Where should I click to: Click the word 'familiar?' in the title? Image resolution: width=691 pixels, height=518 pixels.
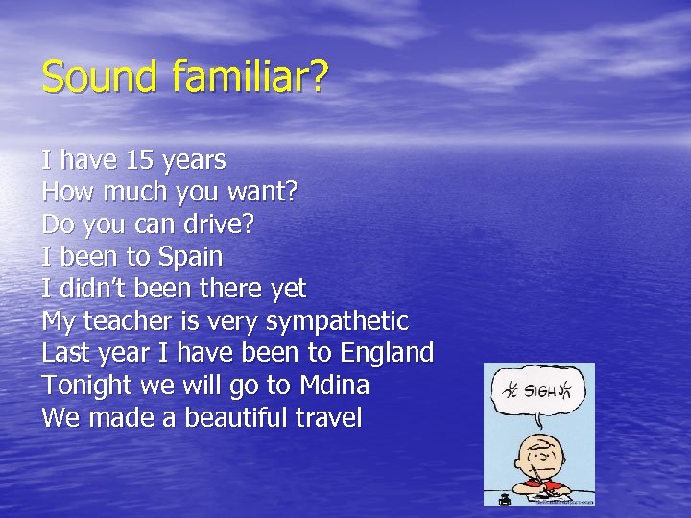[250, 78]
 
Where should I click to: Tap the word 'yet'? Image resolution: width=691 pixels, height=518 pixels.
[288, 289]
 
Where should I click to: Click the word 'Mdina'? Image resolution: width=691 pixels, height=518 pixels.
[334, 386]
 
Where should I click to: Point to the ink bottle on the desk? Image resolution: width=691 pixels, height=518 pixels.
[504, 498]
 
